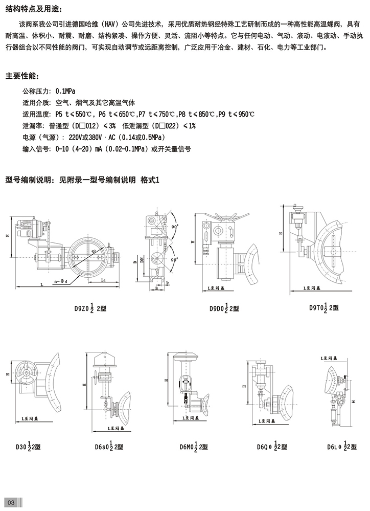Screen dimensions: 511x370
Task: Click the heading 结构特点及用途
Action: pyautogui.click(x=32, y=10)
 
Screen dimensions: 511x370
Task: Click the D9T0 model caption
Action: pyautogui.click(x=324, y=307)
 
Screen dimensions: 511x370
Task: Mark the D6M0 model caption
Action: pyautogui.click(x=194, y=446)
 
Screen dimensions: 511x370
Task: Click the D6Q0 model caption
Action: pyautogui.click(x=271, y=446)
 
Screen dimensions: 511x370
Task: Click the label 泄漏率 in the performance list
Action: pyautogui.click(x=32, y=126)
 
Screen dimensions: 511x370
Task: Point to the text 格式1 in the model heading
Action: pyautogui.click(x=150, y=180)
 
